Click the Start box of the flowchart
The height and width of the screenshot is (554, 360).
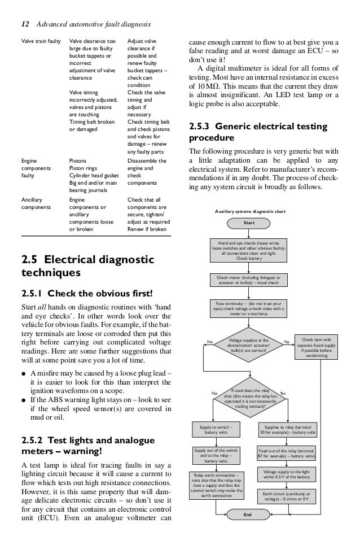point(249,223)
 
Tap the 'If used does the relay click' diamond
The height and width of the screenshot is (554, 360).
point(249,398)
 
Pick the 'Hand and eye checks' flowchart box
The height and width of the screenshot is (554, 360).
point(249,251)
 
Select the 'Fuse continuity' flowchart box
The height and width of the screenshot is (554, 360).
point(249,308)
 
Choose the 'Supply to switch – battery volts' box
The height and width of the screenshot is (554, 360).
point(217,430)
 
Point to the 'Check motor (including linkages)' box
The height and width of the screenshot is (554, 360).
point(249,280)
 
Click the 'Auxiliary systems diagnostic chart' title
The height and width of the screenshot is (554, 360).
point(249,212)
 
